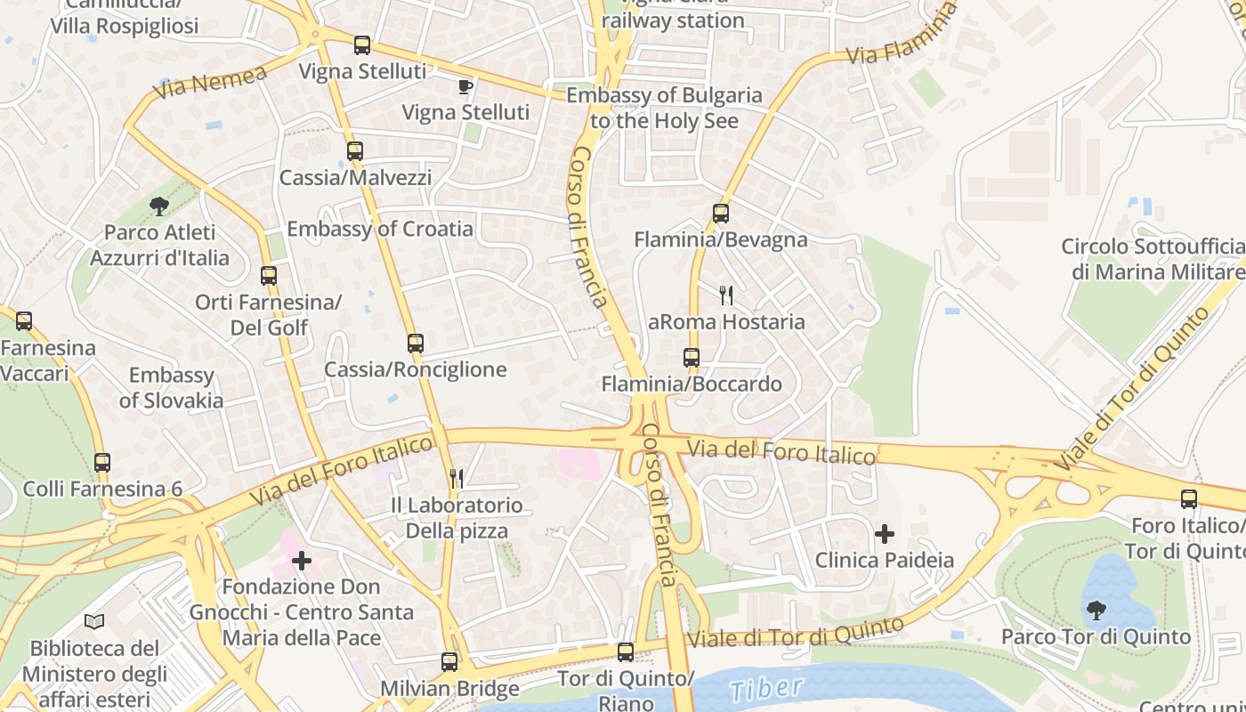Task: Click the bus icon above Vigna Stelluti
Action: [x=361, y=45]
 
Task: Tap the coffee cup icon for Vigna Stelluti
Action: [x=464, y=86]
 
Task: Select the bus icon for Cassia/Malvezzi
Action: [x=355, y=151]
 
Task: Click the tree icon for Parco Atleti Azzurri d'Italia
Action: [x=159, y=206]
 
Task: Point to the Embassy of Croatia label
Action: [x=380, y=229]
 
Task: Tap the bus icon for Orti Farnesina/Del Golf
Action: [x=269, y=276]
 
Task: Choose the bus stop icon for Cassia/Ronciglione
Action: [x=416, y=344]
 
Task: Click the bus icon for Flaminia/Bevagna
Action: [x=721, y=214]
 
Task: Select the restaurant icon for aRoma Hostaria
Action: [x=726, y=295]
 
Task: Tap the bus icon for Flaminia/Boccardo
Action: [x=692, y=359]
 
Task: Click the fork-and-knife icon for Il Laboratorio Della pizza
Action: [x=457, y=479]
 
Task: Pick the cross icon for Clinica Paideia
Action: [x=885, y=534]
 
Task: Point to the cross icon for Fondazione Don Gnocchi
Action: [x=302, y=561]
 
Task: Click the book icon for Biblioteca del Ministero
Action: [x=94, y=621]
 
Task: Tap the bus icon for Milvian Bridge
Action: [x=449, y=662]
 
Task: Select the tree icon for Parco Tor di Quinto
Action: [x=1096, y=611]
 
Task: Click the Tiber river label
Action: [x=765, y=688]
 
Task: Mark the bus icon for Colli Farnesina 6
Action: [x=102, y=463]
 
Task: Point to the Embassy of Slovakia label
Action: [x=171, y=388]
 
